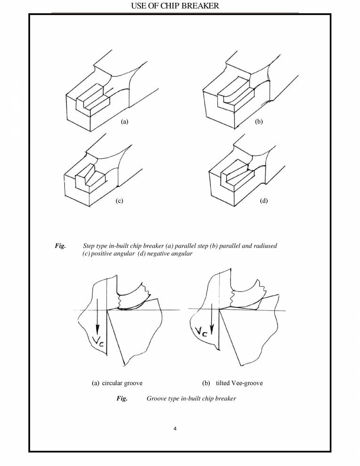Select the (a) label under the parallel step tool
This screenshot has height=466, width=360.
124,121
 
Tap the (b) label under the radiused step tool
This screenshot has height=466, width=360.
258,121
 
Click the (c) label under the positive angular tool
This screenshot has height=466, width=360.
119,201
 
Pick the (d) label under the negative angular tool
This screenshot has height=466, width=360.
264,201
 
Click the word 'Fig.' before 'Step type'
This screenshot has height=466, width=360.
61,246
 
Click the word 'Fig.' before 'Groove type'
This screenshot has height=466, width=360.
122,399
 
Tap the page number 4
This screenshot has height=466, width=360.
175,429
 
